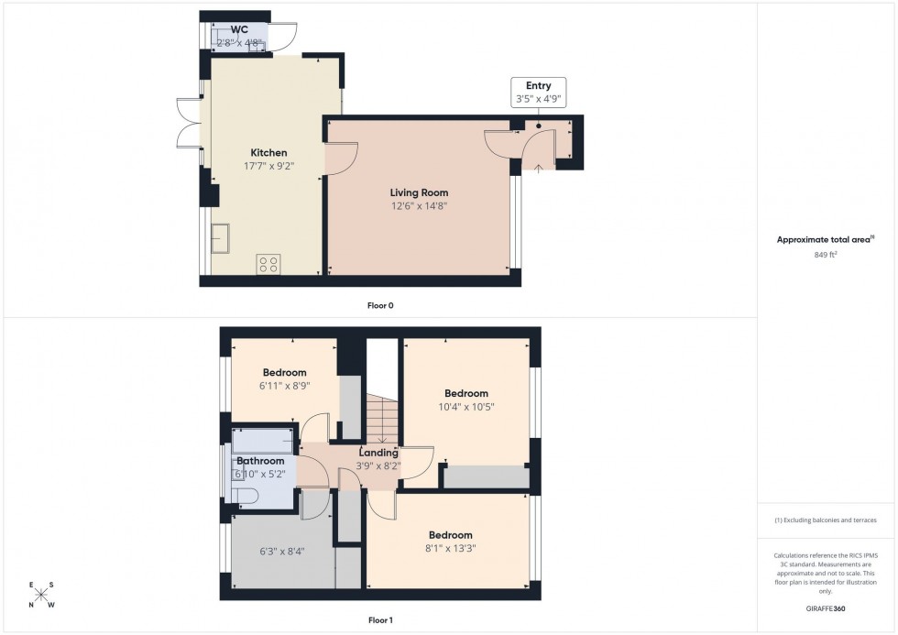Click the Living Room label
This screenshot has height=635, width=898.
[x=419, y=192]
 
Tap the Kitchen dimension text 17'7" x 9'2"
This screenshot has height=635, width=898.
[x=268, y=167]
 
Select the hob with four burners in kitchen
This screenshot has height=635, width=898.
[x=268, y=264]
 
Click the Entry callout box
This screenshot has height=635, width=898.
[x=538, y=93]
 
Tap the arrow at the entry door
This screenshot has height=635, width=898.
[x=538, y=166]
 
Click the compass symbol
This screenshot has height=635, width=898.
[x=41, y=595]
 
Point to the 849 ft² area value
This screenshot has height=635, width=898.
[x=820, y=256]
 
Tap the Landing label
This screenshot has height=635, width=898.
[x=378, y=453]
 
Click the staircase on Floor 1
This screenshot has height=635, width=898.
[x=382, y=417]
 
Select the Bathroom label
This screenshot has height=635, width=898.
[x=260, y=461]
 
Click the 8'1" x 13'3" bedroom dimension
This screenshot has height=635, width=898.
[x=450, y=549]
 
